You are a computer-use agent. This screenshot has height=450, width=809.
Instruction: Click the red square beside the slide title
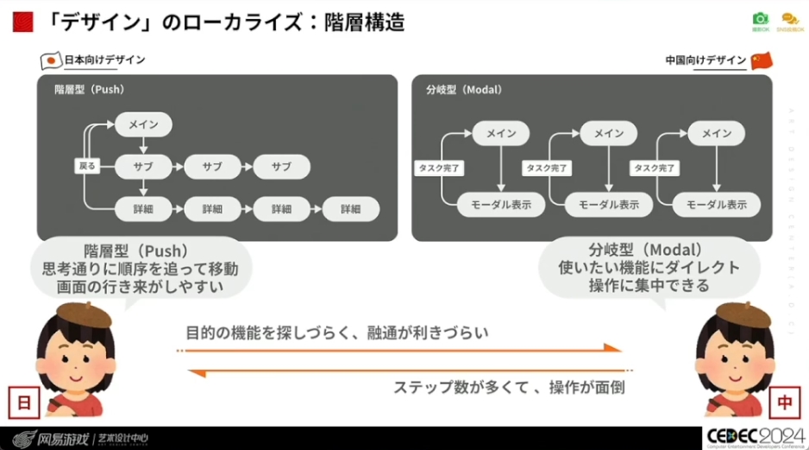[22, 22]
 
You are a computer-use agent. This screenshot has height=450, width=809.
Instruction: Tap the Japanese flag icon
[51, 60]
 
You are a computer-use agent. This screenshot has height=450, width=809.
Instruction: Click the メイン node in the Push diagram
[143, 124]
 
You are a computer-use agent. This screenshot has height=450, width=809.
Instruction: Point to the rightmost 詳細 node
[350, 208]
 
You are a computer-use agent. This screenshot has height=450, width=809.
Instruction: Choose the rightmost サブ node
[281, 166]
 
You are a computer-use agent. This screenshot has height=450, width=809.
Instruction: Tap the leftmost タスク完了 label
[438, 168]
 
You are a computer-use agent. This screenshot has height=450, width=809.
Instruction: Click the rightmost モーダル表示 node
[717, 204]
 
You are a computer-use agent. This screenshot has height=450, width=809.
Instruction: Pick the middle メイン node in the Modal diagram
[609, 133]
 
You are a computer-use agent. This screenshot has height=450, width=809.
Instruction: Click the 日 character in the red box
[22, 402]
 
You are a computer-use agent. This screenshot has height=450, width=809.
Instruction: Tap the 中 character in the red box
[786, 402]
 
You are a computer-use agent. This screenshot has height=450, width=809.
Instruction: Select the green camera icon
[760, 19]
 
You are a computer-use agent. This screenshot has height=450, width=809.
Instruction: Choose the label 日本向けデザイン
[105, 60]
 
